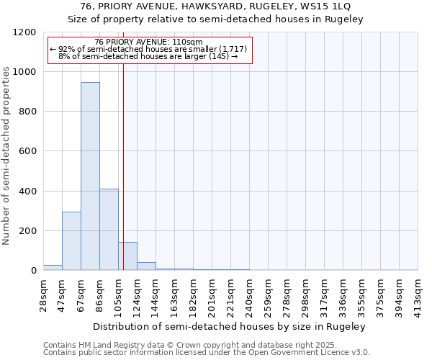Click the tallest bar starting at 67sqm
coord(90,176)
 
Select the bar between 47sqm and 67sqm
coord(71,241)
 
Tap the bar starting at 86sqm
coord(109,230)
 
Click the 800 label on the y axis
coord(28,112)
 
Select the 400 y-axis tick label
coord(28,192)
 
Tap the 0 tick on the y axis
coord(33,271)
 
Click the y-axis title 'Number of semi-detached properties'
coord(6,152)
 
